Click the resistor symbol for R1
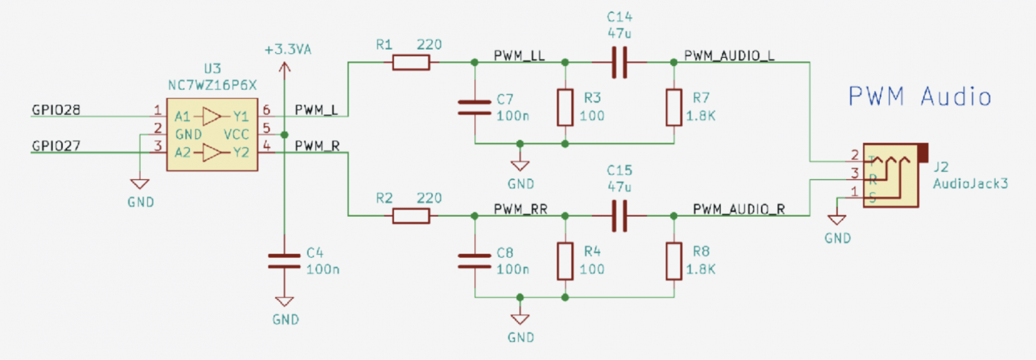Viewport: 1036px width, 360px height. point(411,62)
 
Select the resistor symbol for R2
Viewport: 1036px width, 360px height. point(411,216)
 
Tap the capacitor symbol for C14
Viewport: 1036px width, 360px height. point(620,62)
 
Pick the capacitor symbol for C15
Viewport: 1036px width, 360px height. point(620,216)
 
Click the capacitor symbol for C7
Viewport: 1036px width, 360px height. point(475,107)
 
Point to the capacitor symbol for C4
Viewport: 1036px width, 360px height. point(284,261)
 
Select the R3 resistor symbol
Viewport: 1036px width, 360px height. point(565,107)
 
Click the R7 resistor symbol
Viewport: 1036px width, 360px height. point(674,107)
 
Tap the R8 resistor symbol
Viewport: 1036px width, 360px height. point(674,261)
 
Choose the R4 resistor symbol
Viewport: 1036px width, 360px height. point(565,261)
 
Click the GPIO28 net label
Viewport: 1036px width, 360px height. point(56,110)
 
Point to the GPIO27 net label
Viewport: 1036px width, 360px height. point(56,146)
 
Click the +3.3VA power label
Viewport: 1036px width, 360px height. point(288,49)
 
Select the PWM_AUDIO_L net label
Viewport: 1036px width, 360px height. point(729,56)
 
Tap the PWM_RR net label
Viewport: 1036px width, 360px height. point(521,209)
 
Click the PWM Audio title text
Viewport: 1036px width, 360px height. point(919,97)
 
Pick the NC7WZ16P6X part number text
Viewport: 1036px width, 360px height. point(212,85)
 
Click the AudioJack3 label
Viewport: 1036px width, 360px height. point(970,184)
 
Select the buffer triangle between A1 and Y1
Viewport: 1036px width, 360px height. point(212,117)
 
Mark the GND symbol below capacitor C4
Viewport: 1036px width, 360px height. point(284,302)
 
